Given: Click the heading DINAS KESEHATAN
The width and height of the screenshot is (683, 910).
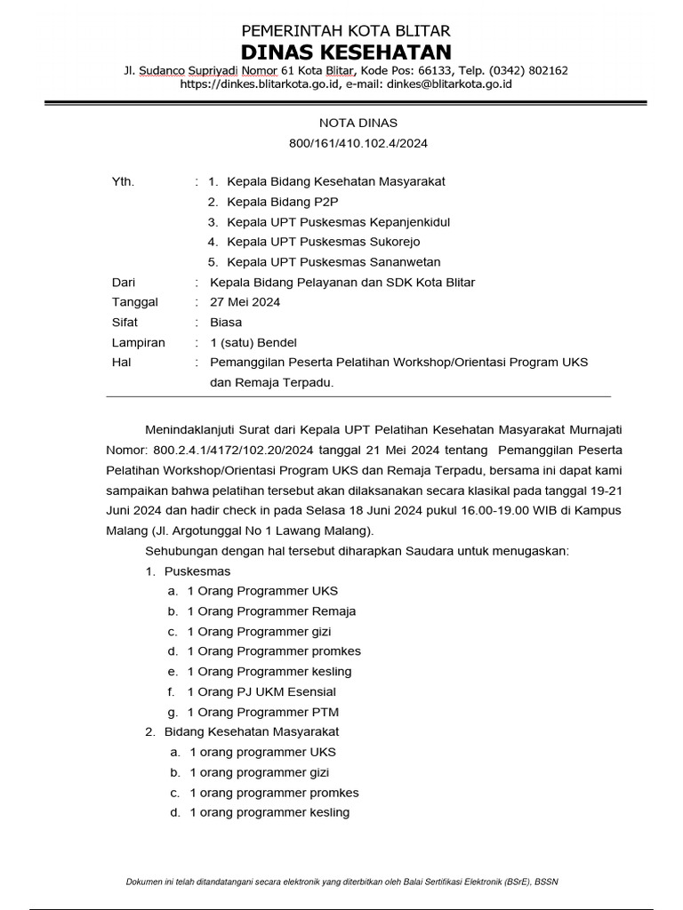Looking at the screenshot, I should [344, 52].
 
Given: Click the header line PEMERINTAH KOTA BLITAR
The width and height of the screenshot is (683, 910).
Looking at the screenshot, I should [344, 31].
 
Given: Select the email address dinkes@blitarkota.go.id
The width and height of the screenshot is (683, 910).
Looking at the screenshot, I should [438, 84].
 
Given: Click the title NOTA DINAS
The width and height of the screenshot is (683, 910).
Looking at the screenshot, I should [345, 123].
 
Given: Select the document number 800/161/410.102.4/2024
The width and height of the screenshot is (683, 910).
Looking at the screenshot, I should [345, 143].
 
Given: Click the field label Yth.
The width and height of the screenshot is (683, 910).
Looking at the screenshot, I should [123, 181].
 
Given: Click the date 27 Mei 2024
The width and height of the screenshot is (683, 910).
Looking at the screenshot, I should [245, 302].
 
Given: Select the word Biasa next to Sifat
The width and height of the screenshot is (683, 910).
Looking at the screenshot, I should [226, 323].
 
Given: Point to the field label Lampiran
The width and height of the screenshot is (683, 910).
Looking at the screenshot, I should [138, 343].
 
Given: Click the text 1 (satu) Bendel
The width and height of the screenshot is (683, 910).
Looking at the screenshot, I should [253, 343].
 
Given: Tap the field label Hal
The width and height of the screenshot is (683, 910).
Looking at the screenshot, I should [121, 363].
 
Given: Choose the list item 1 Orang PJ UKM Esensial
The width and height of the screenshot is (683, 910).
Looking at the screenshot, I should [261, 691].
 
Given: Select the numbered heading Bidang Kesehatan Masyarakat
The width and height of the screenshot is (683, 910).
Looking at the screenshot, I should [252, 731].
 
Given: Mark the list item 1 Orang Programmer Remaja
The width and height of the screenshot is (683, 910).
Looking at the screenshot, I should [271, 611].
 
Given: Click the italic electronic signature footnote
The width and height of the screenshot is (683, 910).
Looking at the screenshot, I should [342, 882].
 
